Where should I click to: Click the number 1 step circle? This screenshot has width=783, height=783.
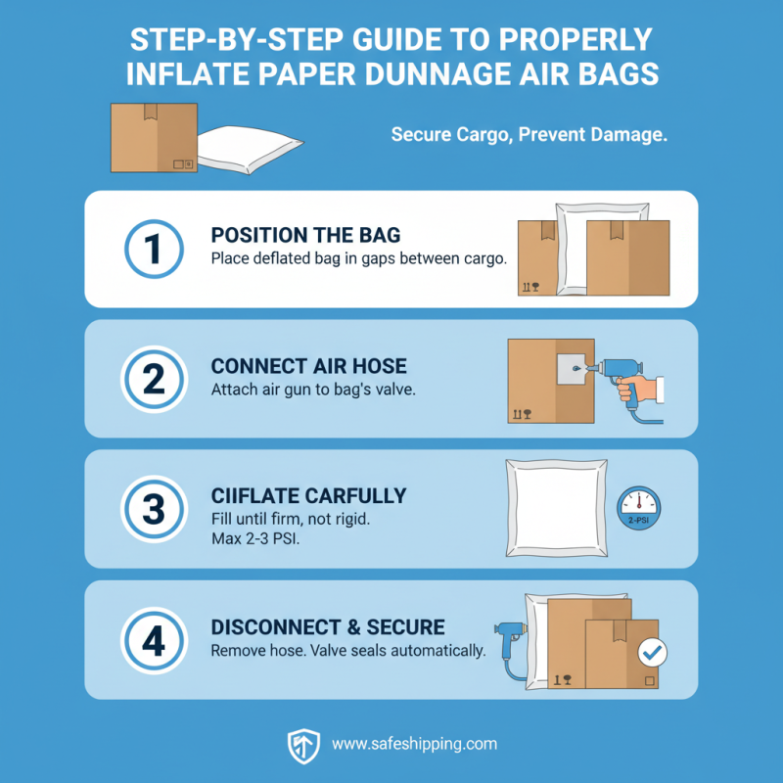tap(154, 249)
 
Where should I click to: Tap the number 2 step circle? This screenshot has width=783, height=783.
tap(154, 379)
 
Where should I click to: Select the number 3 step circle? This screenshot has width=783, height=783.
tap(154, 510)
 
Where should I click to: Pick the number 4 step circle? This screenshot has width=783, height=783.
tap(154, 640)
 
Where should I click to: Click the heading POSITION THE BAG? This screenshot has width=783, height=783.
tap(304, 237)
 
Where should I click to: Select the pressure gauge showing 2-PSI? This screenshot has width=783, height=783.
tap(639, 509)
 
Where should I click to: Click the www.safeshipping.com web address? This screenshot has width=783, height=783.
tap(414, 745)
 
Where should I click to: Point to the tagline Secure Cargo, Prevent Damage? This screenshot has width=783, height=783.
tap(529, 135)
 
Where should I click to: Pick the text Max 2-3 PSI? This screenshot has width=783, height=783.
tap(254, 536)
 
